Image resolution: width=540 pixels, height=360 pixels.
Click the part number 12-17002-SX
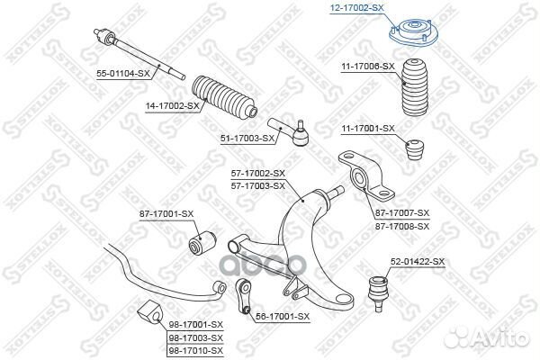point(356,8)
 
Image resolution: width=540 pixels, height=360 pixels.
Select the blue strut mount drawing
point(413,32)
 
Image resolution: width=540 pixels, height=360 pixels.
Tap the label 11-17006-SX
point(368,67)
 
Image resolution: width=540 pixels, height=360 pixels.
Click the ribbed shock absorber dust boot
point(415,89)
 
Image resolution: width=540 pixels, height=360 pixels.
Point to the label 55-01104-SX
point(123,73)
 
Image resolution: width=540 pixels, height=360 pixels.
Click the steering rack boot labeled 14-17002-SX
point(224,97)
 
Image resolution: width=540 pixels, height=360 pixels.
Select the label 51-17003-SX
point(247,139)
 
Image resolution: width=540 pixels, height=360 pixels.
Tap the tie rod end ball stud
point(301,125)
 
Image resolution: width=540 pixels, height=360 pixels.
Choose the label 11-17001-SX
point(368,129)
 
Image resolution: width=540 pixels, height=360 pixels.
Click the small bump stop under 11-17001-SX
point(414,149)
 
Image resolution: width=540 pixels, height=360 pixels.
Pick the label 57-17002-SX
point(258,174)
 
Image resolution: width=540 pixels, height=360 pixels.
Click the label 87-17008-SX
point(402,226)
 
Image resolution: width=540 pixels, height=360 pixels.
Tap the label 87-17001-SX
point(166,214)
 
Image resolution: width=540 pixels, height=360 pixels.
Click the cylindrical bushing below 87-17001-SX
point(202,243)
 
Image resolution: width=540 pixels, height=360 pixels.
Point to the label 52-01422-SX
point(418,262)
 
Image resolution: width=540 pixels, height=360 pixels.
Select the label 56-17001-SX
point(283,316)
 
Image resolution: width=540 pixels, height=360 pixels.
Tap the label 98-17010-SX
point(196,351)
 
